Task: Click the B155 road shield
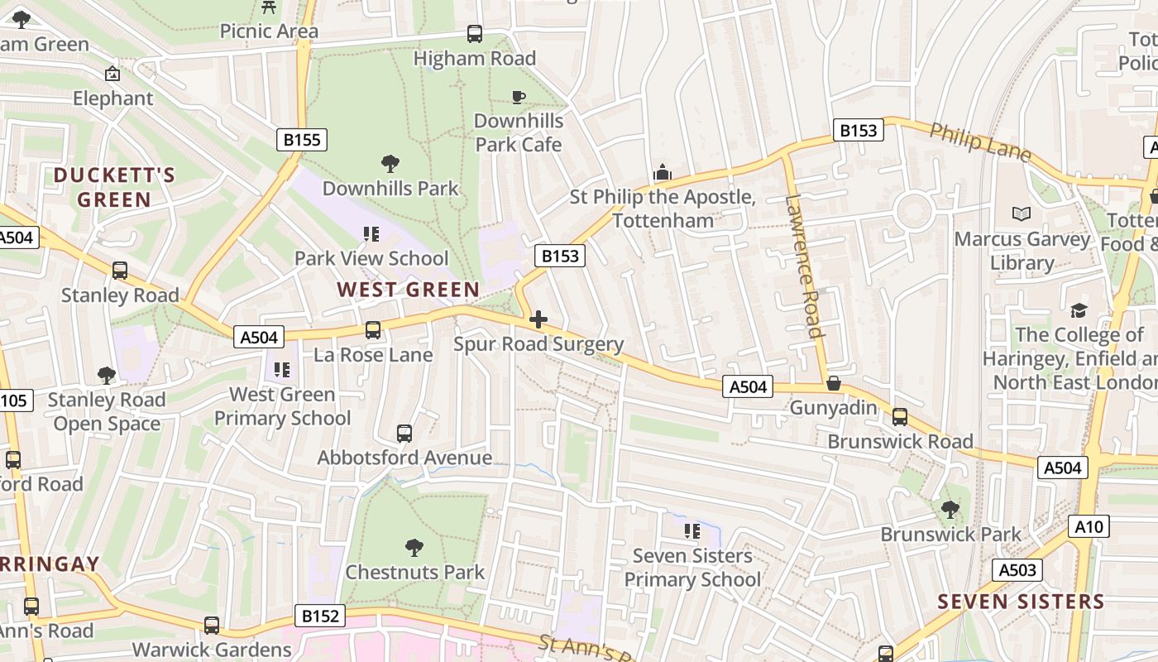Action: pos(301,140)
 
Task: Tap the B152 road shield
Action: pos(319,616)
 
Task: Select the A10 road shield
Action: pos(1089,526)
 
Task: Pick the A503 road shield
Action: pos(1017,569)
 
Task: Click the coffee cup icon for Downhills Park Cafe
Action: pos(519,98)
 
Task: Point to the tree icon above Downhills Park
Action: pos(390,164)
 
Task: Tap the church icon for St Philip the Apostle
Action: pos(663,172)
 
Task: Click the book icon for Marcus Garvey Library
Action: pos(1022,214)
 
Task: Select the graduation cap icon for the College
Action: pos(1079,310)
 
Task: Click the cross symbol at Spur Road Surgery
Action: pos(538,319)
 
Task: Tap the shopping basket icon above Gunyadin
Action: pos(833,383)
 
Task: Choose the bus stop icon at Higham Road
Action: pos(475,34)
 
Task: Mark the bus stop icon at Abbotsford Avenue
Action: pos(404,433)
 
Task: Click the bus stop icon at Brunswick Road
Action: pos(900,417)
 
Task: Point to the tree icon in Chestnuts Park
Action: pos(414,547)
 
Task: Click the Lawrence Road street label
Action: pos(804,266)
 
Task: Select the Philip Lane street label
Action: pos(980,142)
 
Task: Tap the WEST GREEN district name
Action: pos(408,290)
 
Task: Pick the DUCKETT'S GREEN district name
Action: pos(114,187)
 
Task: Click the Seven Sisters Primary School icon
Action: pos(692,530)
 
